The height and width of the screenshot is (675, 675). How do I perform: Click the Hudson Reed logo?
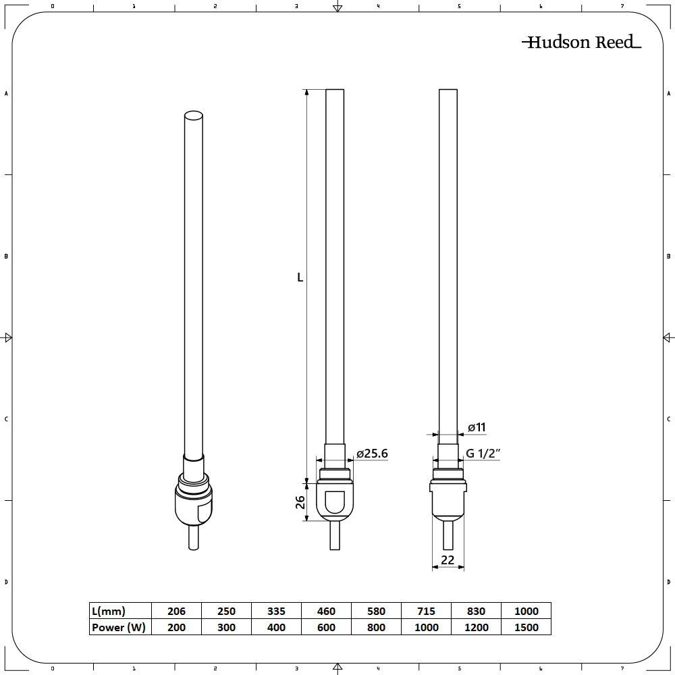581,43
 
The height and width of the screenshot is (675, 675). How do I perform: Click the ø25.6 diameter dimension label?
372,454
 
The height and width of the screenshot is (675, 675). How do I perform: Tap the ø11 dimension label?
477,427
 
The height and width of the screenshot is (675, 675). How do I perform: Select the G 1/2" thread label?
483,454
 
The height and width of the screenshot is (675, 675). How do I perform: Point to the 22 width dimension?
447,560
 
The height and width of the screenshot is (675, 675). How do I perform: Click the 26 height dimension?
300,502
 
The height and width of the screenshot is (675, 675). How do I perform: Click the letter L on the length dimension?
300,277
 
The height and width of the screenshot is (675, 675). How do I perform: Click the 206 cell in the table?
176,611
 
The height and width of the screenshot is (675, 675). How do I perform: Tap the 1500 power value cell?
526,627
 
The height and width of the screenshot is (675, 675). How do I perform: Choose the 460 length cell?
326,611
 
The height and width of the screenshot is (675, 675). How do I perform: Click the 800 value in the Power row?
376,627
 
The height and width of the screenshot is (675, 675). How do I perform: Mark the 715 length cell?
427,611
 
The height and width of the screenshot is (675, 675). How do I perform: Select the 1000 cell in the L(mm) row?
526,611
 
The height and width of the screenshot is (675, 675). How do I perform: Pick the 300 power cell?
226,627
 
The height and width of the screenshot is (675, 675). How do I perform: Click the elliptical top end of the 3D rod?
193,116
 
